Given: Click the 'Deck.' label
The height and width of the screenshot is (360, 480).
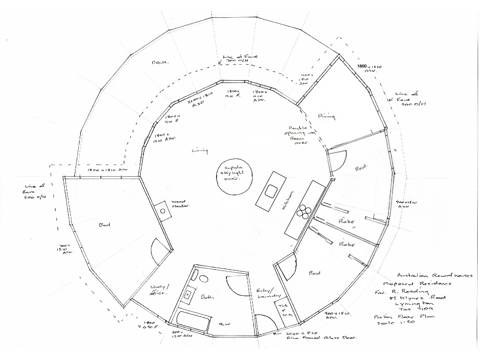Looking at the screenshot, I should click(x=160, y=62).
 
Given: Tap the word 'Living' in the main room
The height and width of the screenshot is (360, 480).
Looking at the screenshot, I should click(x=200, y=150).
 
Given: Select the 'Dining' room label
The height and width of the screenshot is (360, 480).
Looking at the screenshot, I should click(x=327, y=116).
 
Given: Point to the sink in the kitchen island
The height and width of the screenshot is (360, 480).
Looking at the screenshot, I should click(x=270, y=191).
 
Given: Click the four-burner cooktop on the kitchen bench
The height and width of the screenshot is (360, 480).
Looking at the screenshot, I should click(x=303, y=212).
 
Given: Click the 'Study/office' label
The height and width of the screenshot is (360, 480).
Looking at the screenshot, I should click(x=158, y=290).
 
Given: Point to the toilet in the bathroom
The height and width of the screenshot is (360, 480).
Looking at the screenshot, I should click(x=203, y=278).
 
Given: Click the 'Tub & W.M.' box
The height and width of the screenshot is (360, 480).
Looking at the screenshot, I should click(x=284, y=310).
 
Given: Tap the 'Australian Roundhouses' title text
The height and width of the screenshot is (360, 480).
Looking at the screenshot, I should click(x=435, y=276).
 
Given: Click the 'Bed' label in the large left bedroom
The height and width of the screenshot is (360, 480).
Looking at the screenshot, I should click(x=104, y=225).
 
